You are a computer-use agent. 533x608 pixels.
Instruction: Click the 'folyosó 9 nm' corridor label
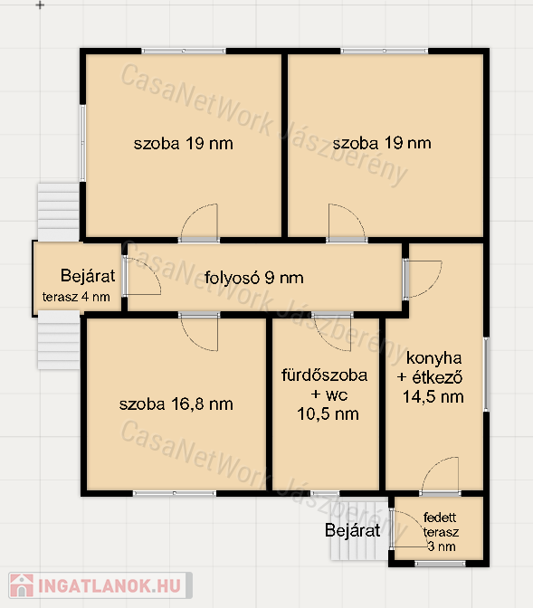tap(254, 278)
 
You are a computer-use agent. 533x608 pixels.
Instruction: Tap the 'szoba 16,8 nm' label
tap(176, 404)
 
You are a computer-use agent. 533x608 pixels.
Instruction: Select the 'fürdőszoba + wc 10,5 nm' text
tap(325, 394)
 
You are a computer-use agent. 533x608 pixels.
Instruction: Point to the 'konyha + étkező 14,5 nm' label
tap(430, 377)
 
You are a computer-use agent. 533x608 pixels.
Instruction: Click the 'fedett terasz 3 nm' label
tap(441, 532)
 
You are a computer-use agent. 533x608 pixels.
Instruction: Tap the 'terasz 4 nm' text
tap(76, 297)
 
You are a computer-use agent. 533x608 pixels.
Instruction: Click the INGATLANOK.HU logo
tap(100, 585)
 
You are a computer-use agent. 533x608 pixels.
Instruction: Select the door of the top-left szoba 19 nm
tap(199, 223)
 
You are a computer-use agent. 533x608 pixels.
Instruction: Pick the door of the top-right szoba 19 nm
tap(347, 223)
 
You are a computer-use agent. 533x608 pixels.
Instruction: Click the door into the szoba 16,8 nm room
tap(199, 332)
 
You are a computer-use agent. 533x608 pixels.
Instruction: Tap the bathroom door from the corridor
tap(332, 332)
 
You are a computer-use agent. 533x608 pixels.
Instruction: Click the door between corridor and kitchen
tap(423, 280)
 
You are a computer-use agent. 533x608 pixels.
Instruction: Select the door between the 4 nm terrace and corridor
tap(141, 276)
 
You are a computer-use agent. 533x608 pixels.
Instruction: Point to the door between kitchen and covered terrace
tap(440, 477)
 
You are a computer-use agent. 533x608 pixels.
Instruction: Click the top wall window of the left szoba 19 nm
tap(184, 51)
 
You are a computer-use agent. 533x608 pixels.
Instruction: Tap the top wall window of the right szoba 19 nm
tap(385, 51)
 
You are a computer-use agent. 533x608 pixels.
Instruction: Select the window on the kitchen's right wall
tap(486, 375)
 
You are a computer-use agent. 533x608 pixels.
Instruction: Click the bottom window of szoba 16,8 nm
tap(175, 493)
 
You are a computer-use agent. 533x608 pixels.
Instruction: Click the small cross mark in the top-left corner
tap(40, 5)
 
